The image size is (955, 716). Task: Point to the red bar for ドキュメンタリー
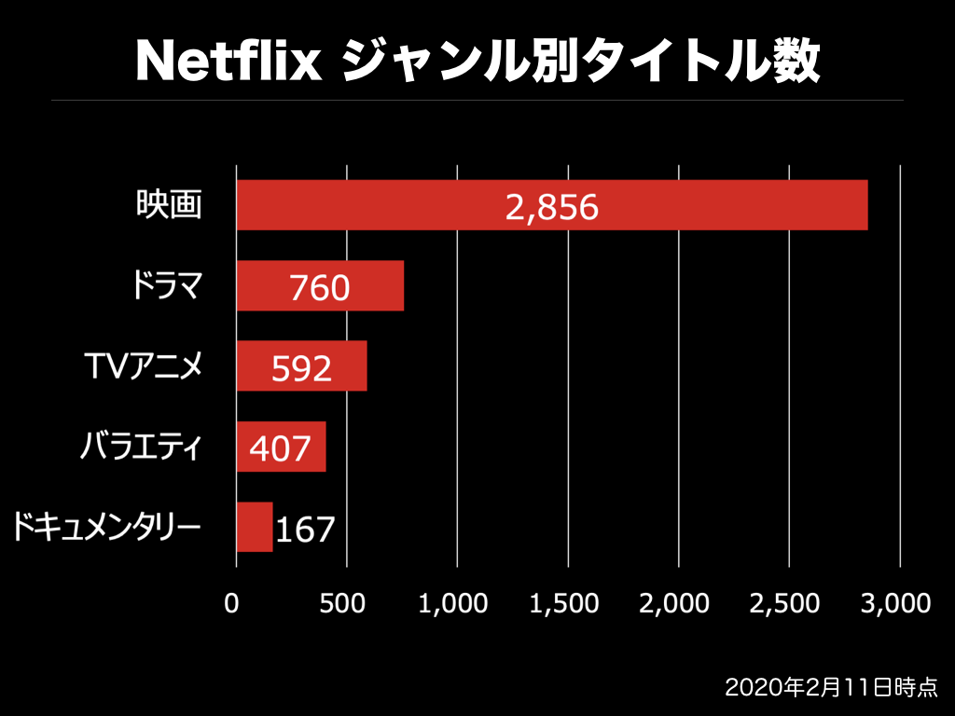[x=254, y=528]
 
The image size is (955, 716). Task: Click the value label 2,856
[x=551, y=207]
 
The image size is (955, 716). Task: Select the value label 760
[x=319, y=288]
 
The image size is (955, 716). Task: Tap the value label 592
[x=301, y=369]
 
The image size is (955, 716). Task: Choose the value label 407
[x=280, y=449]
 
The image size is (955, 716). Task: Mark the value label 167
[x=304, y=530]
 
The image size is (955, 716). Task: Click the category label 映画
[x=169, y=205]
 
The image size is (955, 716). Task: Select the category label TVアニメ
[x=143, y=366]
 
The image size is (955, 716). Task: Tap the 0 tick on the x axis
[x=232, y=603]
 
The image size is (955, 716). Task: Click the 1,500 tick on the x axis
[x=564, y=603]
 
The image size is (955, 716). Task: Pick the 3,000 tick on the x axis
[x=896, y=603]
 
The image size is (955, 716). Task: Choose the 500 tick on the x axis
[x=347, y=603]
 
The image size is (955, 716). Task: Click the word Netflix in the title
[x=228, y=62]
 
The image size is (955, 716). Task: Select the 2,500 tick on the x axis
[x=785, y=603]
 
